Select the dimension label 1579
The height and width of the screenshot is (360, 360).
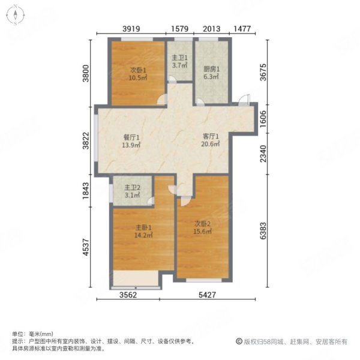coord(181,28)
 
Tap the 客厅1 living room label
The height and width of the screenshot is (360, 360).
coord(210,137)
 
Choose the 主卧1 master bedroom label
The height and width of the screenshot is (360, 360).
coord(142,227)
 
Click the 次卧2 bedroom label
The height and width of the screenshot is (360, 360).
coord(203,223)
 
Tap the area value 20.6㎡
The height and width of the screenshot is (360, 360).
coord(211,145)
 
